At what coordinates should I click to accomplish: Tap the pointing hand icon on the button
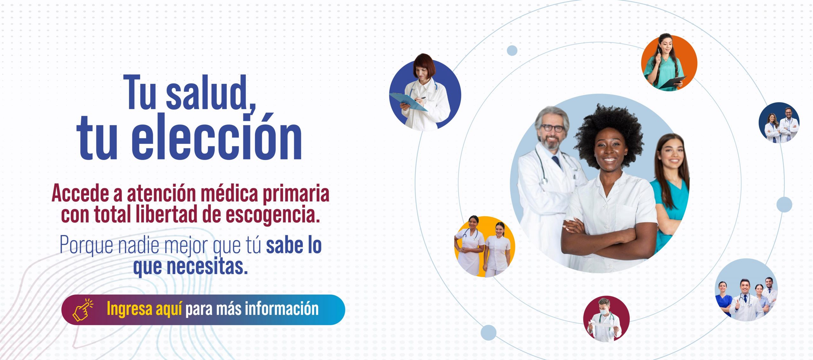(83, 310)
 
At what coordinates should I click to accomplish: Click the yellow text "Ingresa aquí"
(144, 309)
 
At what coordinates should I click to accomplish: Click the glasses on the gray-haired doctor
(553, 128)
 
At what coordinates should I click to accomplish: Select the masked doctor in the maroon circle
(605, 321)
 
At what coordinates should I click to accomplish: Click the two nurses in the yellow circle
(482, 246)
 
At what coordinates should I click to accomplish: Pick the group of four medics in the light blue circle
(746, 298)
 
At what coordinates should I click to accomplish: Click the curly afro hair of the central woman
(608, 133)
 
